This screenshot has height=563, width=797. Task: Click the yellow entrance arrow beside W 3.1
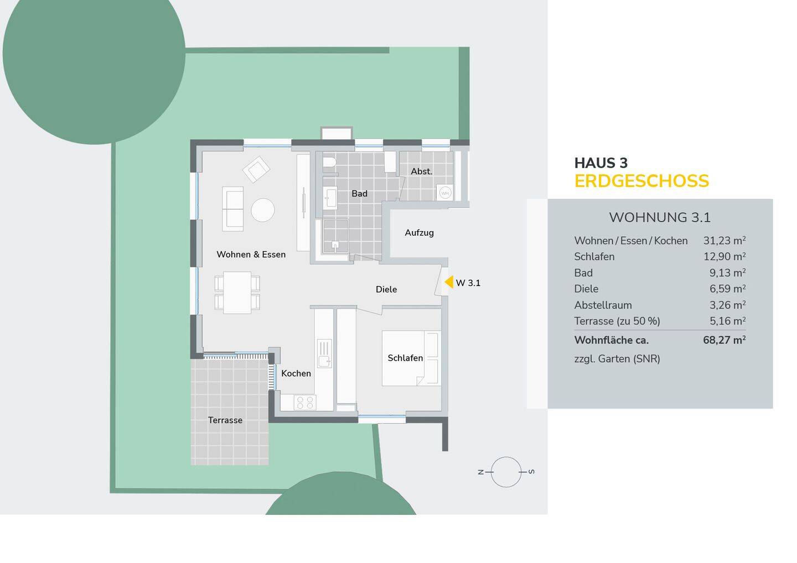coord(449,282)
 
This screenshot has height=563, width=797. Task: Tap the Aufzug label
coord(419,233)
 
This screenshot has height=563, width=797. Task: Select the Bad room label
coord(359,194)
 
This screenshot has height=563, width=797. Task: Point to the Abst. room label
coord(421,171)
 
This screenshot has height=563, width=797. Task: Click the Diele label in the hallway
coord(386,289)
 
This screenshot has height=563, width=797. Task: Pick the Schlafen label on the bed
coord(405,358)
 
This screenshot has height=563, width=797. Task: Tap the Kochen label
coord(296,373)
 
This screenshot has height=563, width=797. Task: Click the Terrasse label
coord(225,420)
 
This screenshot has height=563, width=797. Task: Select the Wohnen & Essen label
coord(251,254)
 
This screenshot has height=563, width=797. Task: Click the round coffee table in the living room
coord(262,210)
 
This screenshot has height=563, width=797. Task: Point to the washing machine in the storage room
coord(445,193)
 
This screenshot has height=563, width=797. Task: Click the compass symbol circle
coord(506,472)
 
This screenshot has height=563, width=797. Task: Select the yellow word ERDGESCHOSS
coord(641,181)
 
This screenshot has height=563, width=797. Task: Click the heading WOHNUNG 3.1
coord(660,217)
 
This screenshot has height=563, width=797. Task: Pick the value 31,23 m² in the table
coord(724,241)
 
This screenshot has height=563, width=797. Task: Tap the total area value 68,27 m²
coord(724,340)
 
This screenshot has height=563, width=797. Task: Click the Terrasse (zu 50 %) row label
coord(617,321)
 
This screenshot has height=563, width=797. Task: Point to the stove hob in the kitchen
coord(305,402)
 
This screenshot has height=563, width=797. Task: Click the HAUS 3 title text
coord(601,163)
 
